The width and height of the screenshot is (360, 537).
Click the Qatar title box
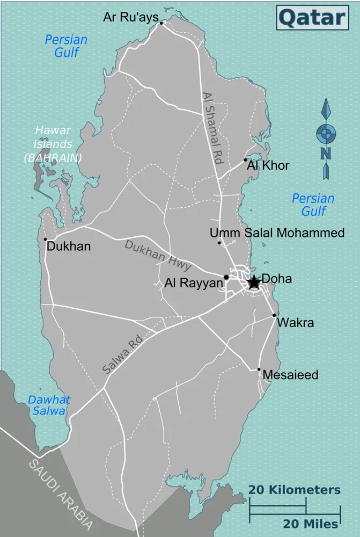(x=312, y=18)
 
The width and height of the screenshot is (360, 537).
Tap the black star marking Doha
(x=254, y=282)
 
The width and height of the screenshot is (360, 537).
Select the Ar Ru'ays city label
(x=131, y=18)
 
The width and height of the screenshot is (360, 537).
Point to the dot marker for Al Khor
(x=245, y=159)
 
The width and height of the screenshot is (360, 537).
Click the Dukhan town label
(x=69, y=246)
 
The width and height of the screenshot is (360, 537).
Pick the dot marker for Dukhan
(x=46, y=240)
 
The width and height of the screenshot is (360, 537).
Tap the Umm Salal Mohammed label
(x=277, y=233)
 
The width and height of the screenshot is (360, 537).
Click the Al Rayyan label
(x=194, y=283)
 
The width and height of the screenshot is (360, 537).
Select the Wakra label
(x=295, y=323)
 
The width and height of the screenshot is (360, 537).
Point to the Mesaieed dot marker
(x=259, y=369)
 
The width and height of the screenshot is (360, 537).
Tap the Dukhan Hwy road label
(x=158, y=255)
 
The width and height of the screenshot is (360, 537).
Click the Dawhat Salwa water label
(x=49, y=405)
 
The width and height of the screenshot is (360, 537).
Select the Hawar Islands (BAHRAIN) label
(x=53, y=144)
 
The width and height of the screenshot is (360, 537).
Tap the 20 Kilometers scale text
(x=294, y=490)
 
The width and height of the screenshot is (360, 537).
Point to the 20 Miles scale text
(x=311, y=524)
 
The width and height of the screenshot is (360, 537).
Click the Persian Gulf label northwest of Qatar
(x=66, y=46)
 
